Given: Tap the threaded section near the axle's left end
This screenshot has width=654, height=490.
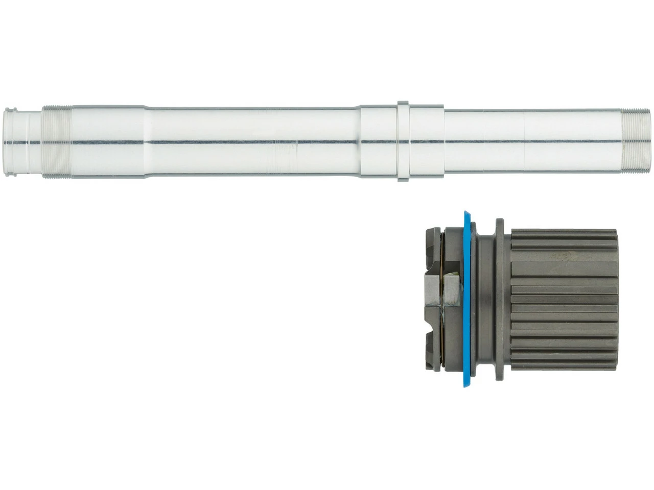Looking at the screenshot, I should [x=57, y=141].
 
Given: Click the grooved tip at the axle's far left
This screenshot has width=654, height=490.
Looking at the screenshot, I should [x=15, y=141].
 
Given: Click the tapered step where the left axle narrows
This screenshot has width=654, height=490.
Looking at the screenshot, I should [x=146, y=141].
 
